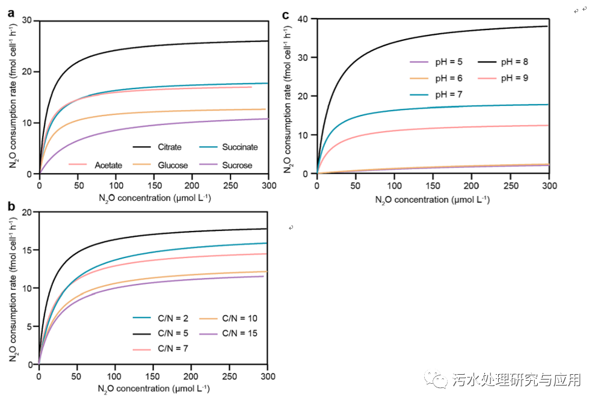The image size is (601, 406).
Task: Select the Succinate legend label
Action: click(x=239, y=147)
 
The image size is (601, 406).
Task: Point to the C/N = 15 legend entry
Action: click(x=240, y=333)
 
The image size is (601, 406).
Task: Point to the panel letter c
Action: click(x=286, y=14)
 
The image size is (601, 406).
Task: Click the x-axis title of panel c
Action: click(x=433, y=200)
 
